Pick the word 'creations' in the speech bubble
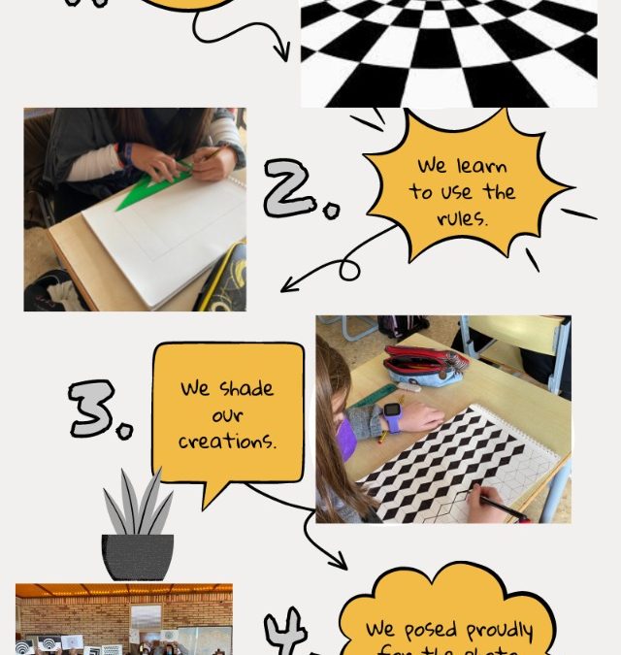pos(228,442)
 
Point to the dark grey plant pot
pos(138,557)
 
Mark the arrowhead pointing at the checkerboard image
pos(284,54)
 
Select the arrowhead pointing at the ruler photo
pos(287,286)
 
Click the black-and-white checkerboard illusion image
pos(448,53)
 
